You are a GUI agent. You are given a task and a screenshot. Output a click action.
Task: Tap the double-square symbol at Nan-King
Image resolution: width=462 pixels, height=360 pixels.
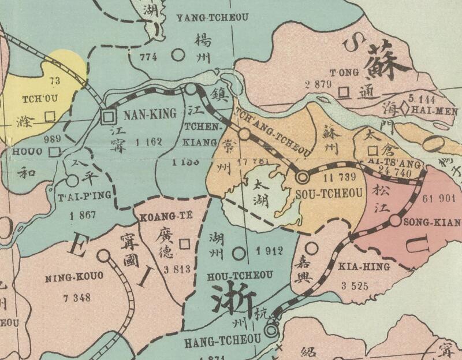(x=107, y=117)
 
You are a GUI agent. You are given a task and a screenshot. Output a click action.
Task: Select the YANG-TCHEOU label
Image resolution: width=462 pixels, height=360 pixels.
(x=213, y=17)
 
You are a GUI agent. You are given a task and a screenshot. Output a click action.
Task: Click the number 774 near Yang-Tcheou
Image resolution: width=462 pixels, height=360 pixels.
(x=148, y=57)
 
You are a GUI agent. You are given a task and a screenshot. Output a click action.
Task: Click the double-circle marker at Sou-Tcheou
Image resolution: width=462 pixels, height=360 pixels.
(x=303, y=177)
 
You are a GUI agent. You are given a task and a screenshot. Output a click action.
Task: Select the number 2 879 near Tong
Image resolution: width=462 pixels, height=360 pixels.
(x=316, y=84)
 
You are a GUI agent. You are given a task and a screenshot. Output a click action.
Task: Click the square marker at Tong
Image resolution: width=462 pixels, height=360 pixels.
(x=344, y=92)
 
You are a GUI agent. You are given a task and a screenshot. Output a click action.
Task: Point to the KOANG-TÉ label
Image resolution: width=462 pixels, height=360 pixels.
(x=165, y=217)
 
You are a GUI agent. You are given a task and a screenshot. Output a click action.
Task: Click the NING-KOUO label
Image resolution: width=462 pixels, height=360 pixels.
(x=74, y=277)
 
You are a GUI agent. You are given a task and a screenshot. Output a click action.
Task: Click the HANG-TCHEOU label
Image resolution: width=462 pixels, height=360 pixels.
(x=222, y=342)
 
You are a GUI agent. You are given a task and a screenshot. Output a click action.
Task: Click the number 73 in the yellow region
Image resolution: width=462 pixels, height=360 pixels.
(x=55, y=80)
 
